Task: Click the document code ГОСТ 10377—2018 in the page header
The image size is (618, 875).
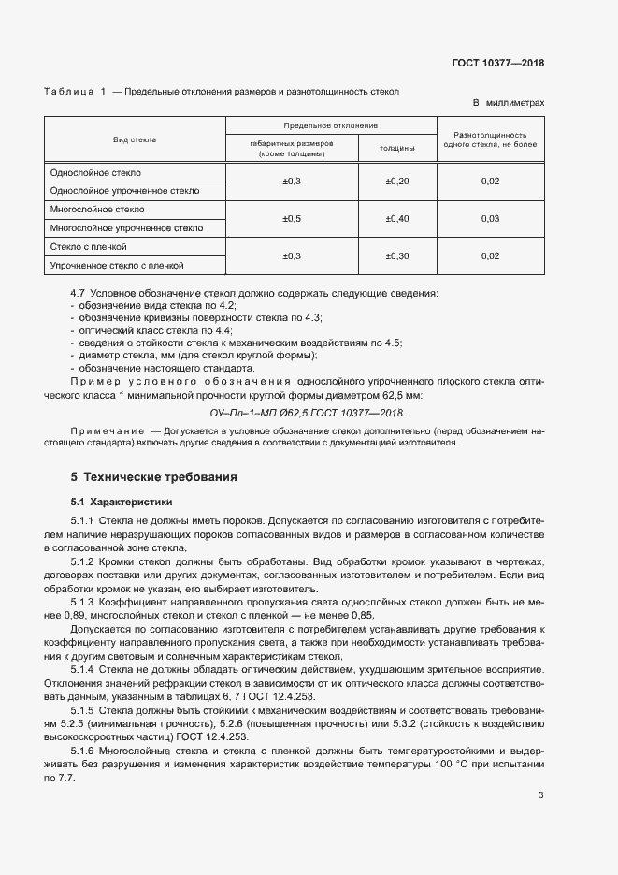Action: tap(497, 64)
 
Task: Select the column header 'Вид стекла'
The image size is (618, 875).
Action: tap(135, 139)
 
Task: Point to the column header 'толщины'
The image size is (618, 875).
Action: tap(397, 148)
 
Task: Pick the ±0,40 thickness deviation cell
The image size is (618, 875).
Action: tap(397, 218)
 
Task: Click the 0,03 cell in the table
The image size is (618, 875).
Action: tap(491, 218)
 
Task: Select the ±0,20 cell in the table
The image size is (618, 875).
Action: tap(397, 181)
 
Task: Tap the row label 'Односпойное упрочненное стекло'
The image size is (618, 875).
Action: tap(124, 190)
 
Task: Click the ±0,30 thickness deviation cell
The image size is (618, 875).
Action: tap(397, 255)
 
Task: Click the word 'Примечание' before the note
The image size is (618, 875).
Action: tap(97, 430)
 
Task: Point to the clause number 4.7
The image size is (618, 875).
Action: tap(78, 294)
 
